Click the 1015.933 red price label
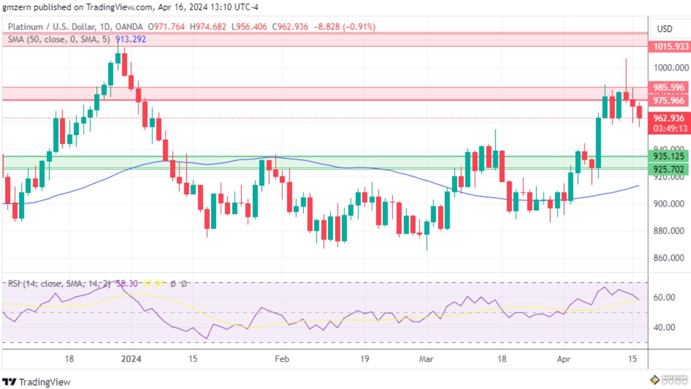pyautogui.click(x=670, y=46)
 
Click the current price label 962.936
pyautogui.click(x=669, y=118)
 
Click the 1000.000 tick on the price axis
pyautogui.click(x=671, y=68)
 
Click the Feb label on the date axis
pyautogui.click(x=282, y=359)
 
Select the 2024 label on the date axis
pyautogui.click(x=131, y=359)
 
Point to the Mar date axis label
pyautogui.click(x=426, y=359)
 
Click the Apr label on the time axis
pyautogui.click(x=563, y=359)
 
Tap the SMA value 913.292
pyautogui.click(x=130, y=39)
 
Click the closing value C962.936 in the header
pyautogui.click(x=290, y=27)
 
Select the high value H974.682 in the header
pyautogui.click(x=208, y=27)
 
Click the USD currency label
pyautogui.click(x=664, y=29)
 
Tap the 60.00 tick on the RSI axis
pyautogui.click(x=664, y=298)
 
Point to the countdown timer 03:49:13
pyautogui.click(x=670, y=129)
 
